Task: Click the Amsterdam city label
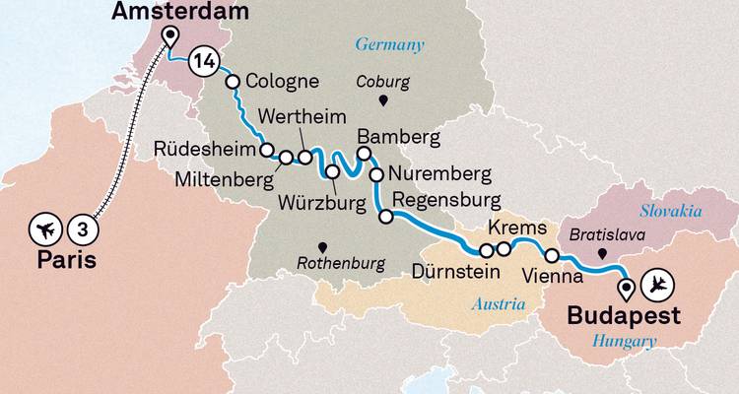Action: [x=180, y=12]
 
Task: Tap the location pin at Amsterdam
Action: [x=169, y=36]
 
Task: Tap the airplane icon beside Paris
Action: [x=43, y=230]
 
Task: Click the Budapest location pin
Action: [x=625, y=288]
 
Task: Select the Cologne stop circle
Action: [x=235, y=83]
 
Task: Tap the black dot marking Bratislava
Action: [x=599, y=253]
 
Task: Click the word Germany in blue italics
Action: [x=389, y=44]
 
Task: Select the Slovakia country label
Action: [x=670, y=211]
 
